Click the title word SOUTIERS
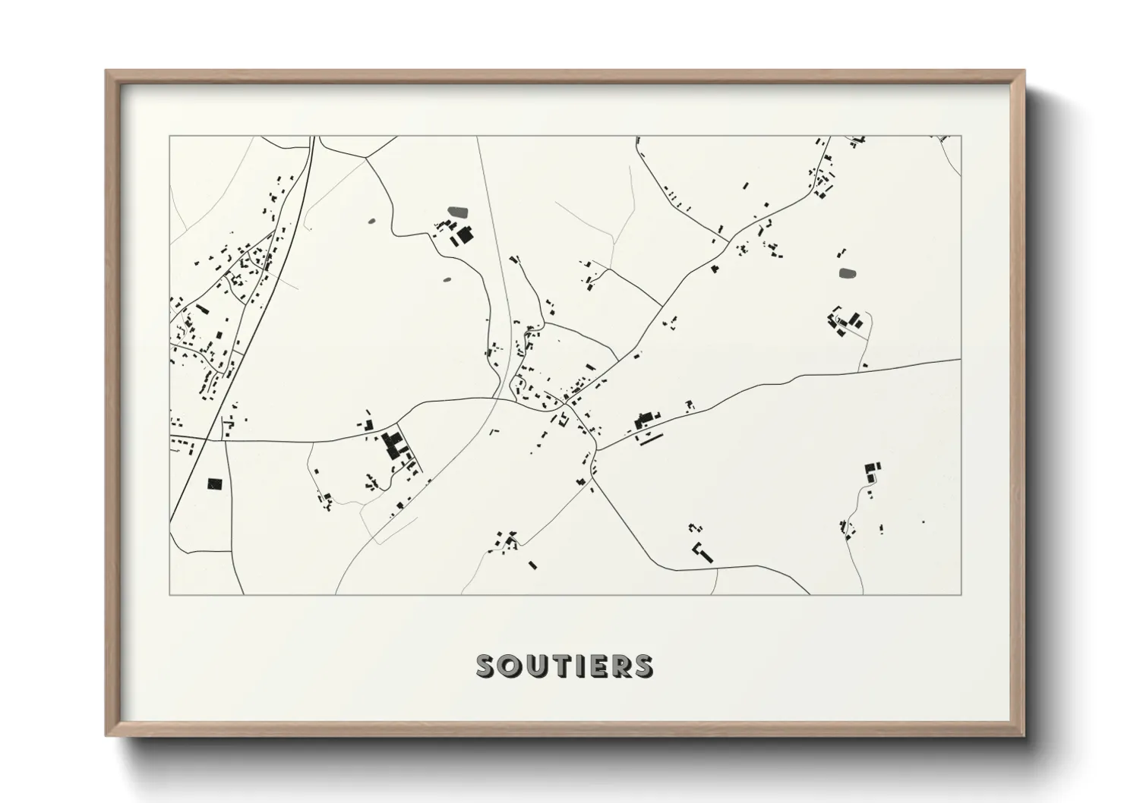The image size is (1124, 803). [x=564, y=666]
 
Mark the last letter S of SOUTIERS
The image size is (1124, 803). [x=642, y=666]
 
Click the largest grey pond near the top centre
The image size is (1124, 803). [x=459, y=211]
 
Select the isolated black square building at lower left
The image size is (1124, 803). [x=213, y=483]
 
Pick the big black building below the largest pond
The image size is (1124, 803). [x=463, y=235]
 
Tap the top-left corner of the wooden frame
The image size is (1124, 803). [x=107, y=71]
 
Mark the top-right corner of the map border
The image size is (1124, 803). [x=960, y=137]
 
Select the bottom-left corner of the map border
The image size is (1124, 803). [x=170, y=594]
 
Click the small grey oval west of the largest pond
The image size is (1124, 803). [x=371, y=222]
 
